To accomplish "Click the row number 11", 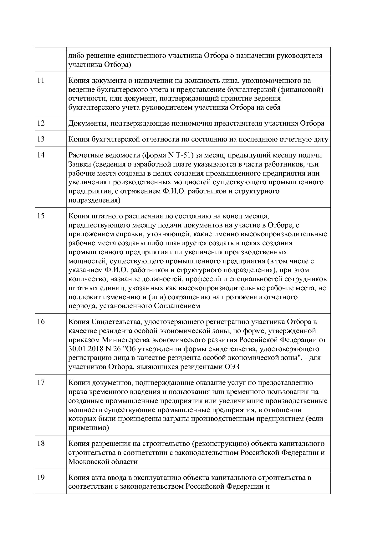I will click(x=41, y=80).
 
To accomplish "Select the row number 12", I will click(x=41, y=123).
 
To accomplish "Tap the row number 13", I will click(x=41, y=139).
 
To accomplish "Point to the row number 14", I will click(x=41, y=155).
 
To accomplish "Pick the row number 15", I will click(x=41, y=216).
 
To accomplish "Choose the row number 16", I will click(x=41, y=322).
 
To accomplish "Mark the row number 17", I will click(x=41, y=383).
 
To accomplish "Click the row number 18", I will click(x=41, y=444).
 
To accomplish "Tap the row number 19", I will click(x=41, y=477).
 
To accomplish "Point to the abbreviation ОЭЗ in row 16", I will click(x=232, y=367).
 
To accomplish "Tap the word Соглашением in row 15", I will click(x=177, y=306).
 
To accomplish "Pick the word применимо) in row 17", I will click(x=89, y=428).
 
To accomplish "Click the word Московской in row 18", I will click(x=89, y=461).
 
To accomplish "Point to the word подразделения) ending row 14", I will click(x=94, y=200).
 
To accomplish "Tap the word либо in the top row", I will click(x=75, y=56).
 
